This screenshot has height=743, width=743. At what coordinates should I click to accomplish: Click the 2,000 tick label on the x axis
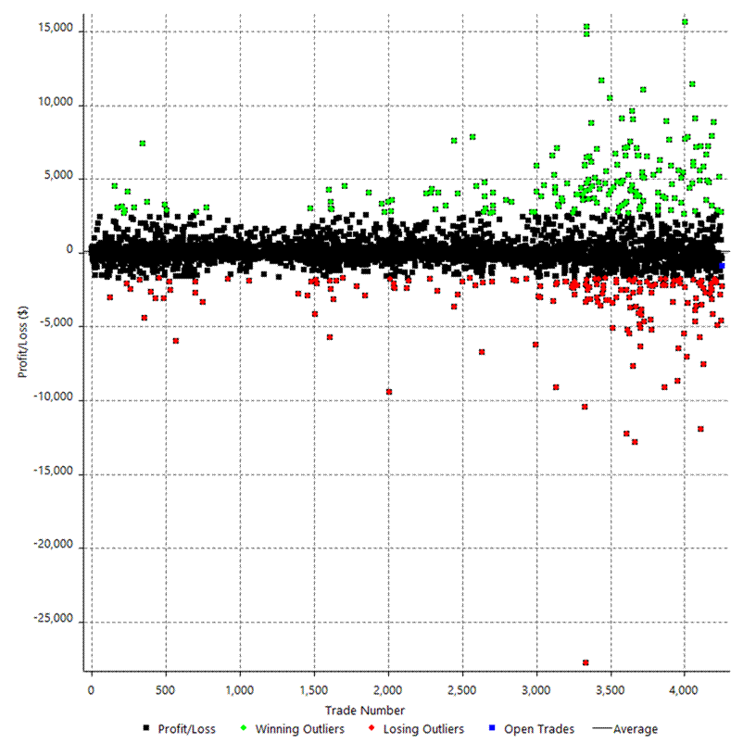[x=387, y=691]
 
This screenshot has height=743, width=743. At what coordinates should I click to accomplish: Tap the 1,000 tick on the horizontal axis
[x=239, y=691]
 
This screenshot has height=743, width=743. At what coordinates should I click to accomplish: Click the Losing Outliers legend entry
[x=420, y=729]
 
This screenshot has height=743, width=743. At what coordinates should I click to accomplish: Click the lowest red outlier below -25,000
[x=586, y=662]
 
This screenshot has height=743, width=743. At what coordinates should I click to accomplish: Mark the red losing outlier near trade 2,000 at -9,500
[x=389, y=392]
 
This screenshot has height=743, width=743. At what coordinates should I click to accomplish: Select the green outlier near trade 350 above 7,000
[x=143, y=144]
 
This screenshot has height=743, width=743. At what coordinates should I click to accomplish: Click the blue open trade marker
[x=722, y=266]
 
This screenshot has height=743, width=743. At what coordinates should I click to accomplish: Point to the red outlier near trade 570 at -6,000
[x=176, y=341]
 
